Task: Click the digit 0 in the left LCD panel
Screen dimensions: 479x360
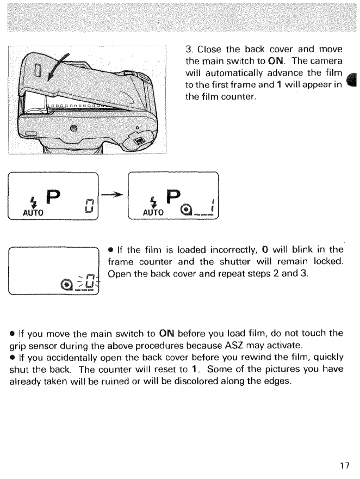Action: click(89, 204)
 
